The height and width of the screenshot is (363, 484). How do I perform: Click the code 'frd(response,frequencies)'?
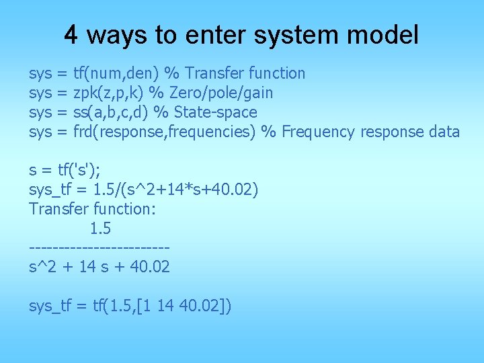point(164,132)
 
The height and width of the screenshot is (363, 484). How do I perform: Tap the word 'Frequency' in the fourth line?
point(318,132)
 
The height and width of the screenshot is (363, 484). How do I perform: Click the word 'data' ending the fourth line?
point(444,132)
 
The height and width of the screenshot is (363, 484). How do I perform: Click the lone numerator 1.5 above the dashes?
point(100,229)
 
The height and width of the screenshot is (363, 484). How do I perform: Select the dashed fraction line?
point(99,249)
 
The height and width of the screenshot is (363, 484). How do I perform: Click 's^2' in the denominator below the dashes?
point(42,268)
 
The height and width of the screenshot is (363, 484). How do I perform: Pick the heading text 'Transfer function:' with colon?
point(93,210)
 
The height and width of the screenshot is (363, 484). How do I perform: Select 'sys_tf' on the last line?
point(49,307)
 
